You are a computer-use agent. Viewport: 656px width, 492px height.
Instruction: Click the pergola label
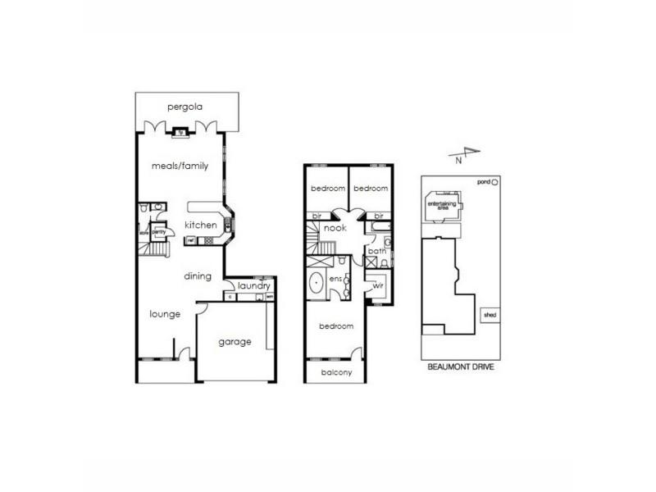click(x=184, y=107)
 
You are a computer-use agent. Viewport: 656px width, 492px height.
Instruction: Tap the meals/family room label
click(x=180, y=166)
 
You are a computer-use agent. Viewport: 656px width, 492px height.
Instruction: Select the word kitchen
click(x=200, y=225)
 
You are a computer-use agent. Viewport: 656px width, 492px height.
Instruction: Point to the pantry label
click(x=159, y=231)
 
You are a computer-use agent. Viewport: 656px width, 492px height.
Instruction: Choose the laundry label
click(x=253, y=285)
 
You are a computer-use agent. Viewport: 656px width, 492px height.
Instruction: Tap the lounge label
click(x=165, y=313)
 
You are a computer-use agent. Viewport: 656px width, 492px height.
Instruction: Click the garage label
click(x=235, y=342)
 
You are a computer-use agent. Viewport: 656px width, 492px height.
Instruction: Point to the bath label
click(x=376, y=251)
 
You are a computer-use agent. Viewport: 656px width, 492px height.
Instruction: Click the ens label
click(x=335, y=279)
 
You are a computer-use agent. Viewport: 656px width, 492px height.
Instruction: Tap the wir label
click(x=378, y=286)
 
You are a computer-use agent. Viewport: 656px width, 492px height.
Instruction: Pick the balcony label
click(x=337, y=373)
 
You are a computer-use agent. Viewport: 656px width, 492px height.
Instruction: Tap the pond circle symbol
click(x=495, y=182)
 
